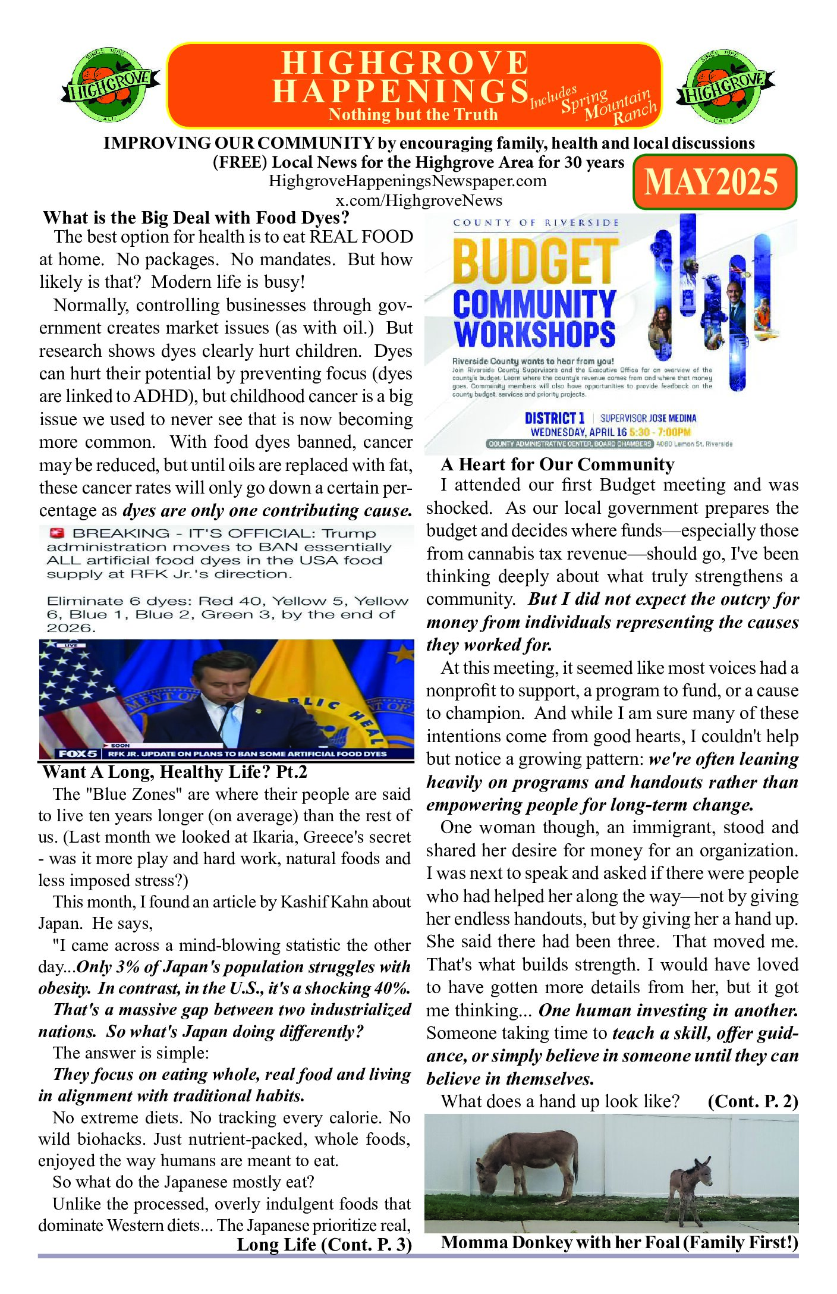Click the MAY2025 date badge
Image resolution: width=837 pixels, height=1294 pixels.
click(x=714, y=182)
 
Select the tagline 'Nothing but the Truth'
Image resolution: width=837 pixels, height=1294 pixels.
click(x=413, y=115)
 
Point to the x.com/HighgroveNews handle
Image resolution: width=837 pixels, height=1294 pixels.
click(x=418, y=200)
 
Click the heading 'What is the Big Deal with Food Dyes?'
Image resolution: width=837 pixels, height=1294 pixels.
click(x=196, y=218)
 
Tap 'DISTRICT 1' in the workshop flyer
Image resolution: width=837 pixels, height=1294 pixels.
click(x=555, y=418)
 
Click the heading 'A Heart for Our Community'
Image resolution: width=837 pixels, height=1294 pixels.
click(x=558, y=464)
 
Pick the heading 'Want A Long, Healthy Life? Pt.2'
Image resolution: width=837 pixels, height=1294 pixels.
click(x=175, y=772)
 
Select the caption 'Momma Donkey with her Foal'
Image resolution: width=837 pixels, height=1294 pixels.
click(x=619, y=1243)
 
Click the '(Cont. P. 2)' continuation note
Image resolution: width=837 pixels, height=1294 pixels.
click(x=753, y=1101)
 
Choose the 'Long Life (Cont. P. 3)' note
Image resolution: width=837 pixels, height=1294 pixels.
click(x=324, y=1244)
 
